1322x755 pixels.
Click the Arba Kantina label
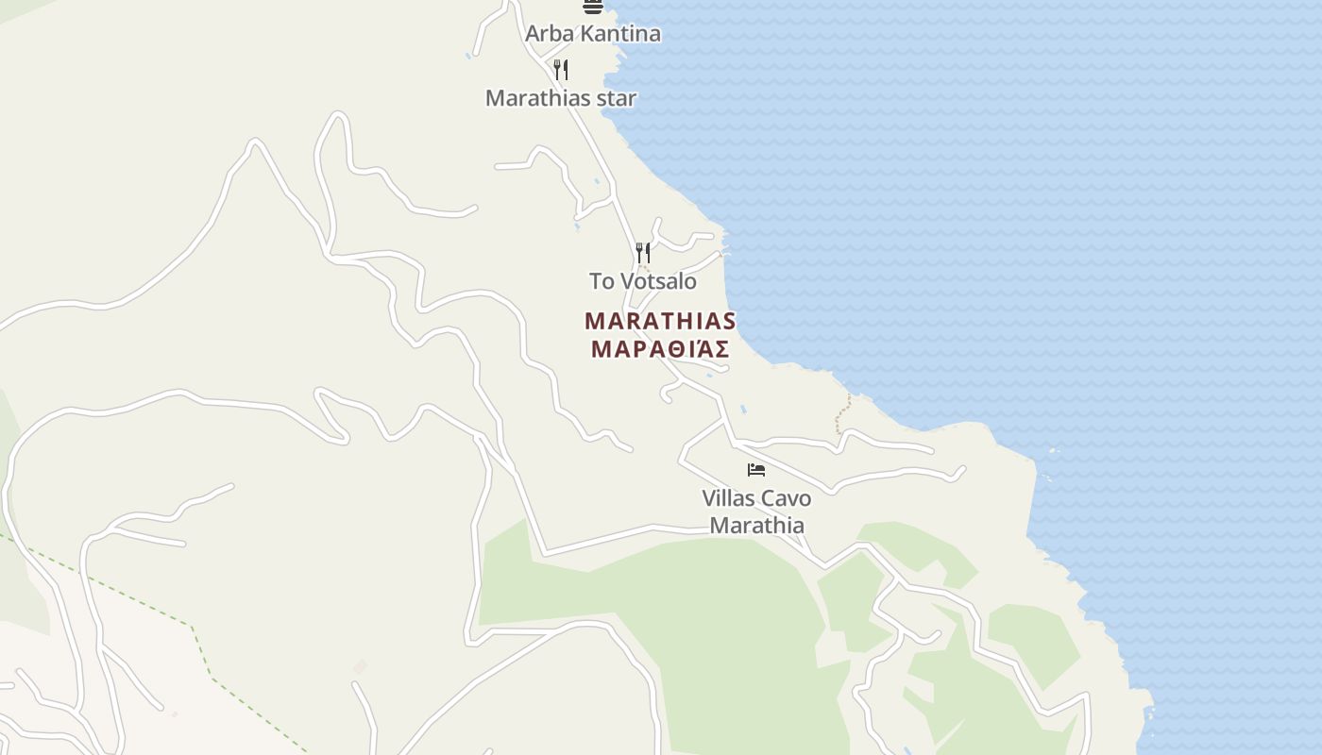(592, 34)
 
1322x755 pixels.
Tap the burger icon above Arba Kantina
(592, 6)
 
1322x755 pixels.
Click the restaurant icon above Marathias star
(561, 69)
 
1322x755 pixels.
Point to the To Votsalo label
(643, 281)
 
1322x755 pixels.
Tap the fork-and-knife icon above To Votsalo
(643, 252)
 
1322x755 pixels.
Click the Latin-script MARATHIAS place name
(660, 321)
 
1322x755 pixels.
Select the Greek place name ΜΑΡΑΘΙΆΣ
(660, 349)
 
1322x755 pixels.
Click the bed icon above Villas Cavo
(755, 469)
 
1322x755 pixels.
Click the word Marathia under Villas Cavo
(756, 526)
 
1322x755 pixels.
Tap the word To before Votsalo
(602, 281)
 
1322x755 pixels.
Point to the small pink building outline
(359, 667)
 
